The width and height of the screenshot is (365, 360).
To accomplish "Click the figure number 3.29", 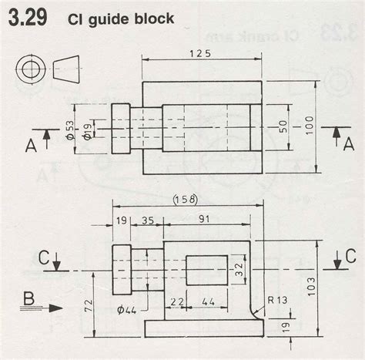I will (28, 17).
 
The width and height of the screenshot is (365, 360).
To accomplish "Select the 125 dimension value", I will (199, 54).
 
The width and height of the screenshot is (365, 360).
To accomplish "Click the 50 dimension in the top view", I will (282, 125).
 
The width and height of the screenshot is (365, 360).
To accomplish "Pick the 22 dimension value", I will (176, 302).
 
